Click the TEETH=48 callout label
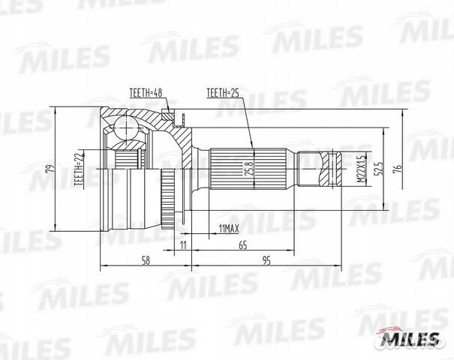146,93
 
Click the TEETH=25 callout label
223,93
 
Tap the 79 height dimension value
50,169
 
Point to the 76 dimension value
398,168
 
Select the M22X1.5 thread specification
360,169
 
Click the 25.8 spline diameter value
251,168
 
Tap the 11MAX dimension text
229,229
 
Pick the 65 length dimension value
243,245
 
